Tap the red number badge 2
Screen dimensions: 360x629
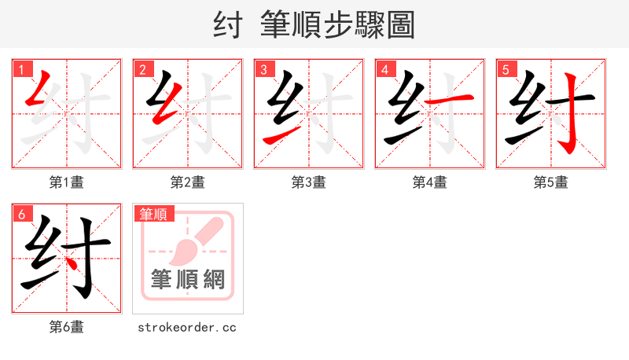[x=142, y=69]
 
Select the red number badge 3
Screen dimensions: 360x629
[x=263, y=69]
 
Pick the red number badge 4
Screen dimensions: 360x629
[x=384, y=69]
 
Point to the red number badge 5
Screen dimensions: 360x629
[x=506, y=69]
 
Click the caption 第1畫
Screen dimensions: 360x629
[x=67, y=182]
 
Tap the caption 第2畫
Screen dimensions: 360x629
[x=188, y=182]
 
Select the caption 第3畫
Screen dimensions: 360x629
[x=309, y=182]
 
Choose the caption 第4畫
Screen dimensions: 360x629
[x=430, y=182]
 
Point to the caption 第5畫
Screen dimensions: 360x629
[x=551, y=182]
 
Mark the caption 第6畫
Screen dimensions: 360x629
[x=67, y=327]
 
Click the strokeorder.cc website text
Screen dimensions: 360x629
[x=188, y=327]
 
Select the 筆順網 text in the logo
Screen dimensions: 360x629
[x=188, y=279]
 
